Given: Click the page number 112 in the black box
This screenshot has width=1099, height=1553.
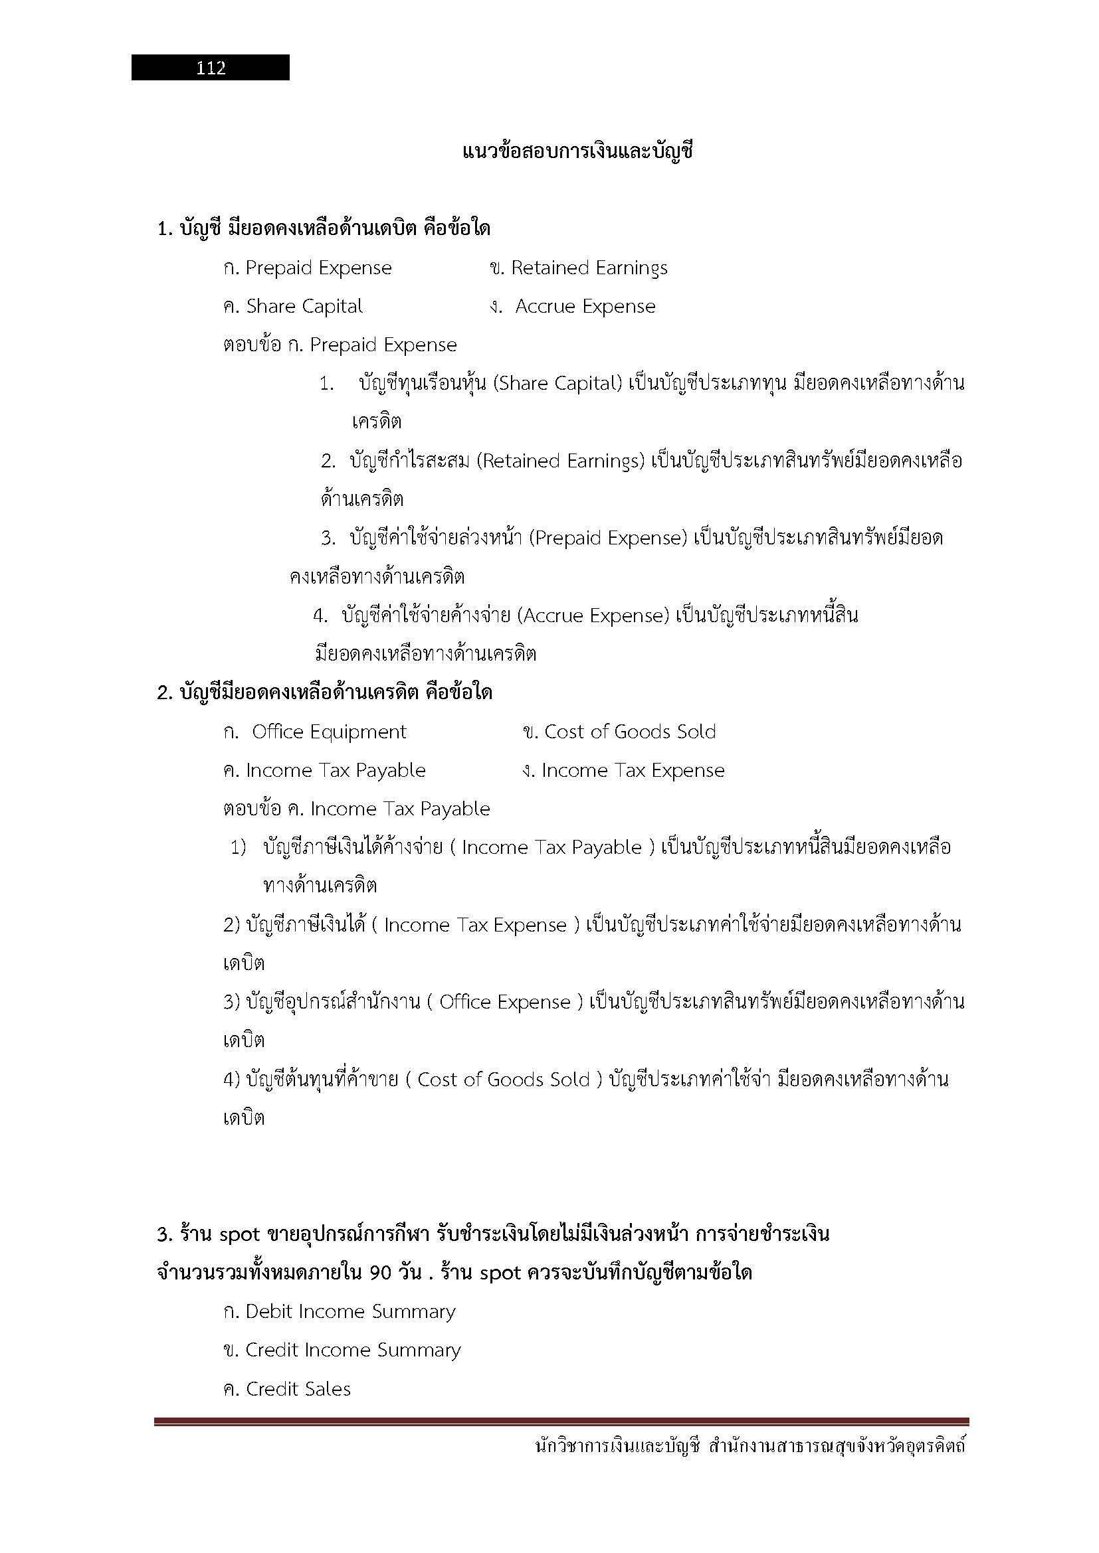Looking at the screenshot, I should tap(211, 68).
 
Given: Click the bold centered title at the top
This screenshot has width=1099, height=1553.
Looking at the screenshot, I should tap(577, 151).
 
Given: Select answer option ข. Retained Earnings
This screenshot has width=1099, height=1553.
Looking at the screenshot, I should tap(579, 268).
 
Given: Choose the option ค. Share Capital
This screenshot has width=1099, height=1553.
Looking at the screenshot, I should tap(293, 306).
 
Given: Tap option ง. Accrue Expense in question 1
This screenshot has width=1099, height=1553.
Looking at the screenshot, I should tap(573, 306).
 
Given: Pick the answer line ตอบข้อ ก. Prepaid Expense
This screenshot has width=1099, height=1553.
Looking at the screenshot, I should tap(340, 345).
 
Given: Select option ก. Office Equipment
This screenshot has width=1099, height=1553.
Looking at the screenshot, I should tap(316, 732).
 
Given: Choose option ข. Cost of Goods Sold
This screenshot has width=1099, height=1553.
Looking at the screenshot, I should tap(619, 732).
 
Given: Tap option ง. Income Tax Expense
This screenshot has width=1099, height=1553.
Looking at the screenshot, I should tap(623, 770).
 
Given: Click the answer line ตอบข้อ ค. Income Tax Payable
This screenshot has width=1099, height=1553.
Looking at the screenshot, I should tap(357, 809).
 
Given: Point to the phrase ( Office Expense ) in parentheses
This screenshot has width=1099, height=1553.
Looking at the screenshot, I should tap(505, 1002).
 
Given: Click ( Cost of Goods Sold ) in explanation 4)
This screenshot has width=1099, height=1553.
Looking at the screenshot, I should tap(504, 1079).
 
